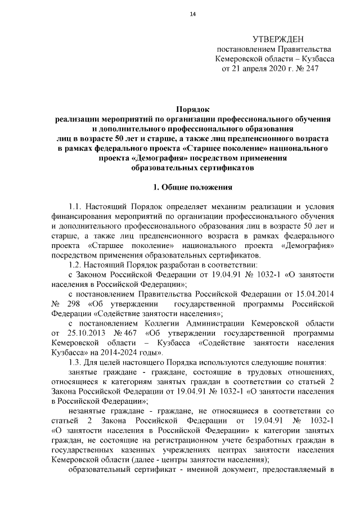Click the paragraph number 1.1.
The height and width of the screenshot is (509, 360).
click(75, 207)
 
